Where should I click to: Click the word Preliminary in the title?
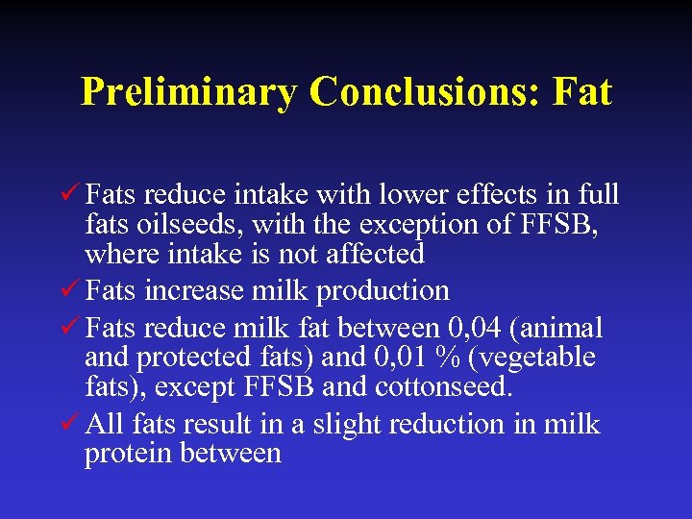[190, 92]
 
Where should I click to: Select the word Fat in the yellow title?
[582, 92]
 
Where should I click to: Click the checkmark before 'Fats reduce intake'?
[68, 196]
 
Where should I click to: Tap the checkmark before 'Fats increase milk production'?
[68, 290]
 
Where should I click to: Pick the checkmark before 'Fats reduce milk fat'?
[68, 328]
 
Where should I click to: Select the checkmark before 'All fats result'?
[68, 424]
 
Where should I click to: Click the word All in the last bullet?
[105, 424]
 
